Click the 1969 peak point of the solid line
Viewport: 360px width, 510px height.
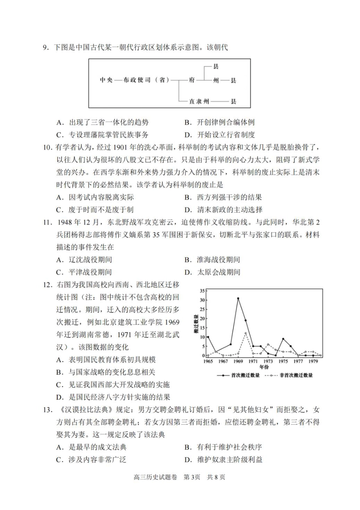(x=238, y=298)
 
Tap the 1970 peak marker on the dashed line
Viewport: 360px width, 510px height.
(x=246, y=333)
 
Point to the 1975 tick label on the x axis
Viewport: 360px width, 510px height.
(x=283, y=361)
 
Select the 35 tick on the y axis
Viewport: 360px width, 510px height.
(x=202, y=291)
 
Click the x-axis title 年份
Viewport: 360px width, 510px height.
(x=264, y=367)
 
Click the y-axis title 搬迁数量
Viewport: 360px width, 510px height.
(x=196, y=324)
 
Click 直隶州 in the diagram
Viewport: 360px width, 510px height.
(x=199, y=102)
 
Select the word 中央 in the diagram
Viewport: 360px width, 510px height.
(x=106, y=80)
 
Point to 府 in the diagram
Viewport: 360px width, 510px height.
(x=192, y=80)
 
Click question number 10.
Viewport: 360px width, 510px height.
(x=47, y=148)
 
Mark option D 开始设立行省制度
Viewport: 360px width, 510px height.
(x=226, y=135)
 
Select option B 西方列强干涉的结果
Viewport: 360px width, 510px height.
(x=229, y=198)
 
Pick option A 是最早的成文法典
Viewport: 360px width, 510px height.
(x=97, y=447)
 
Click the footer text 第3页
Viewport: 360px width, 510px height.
(x=192, y=477)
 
